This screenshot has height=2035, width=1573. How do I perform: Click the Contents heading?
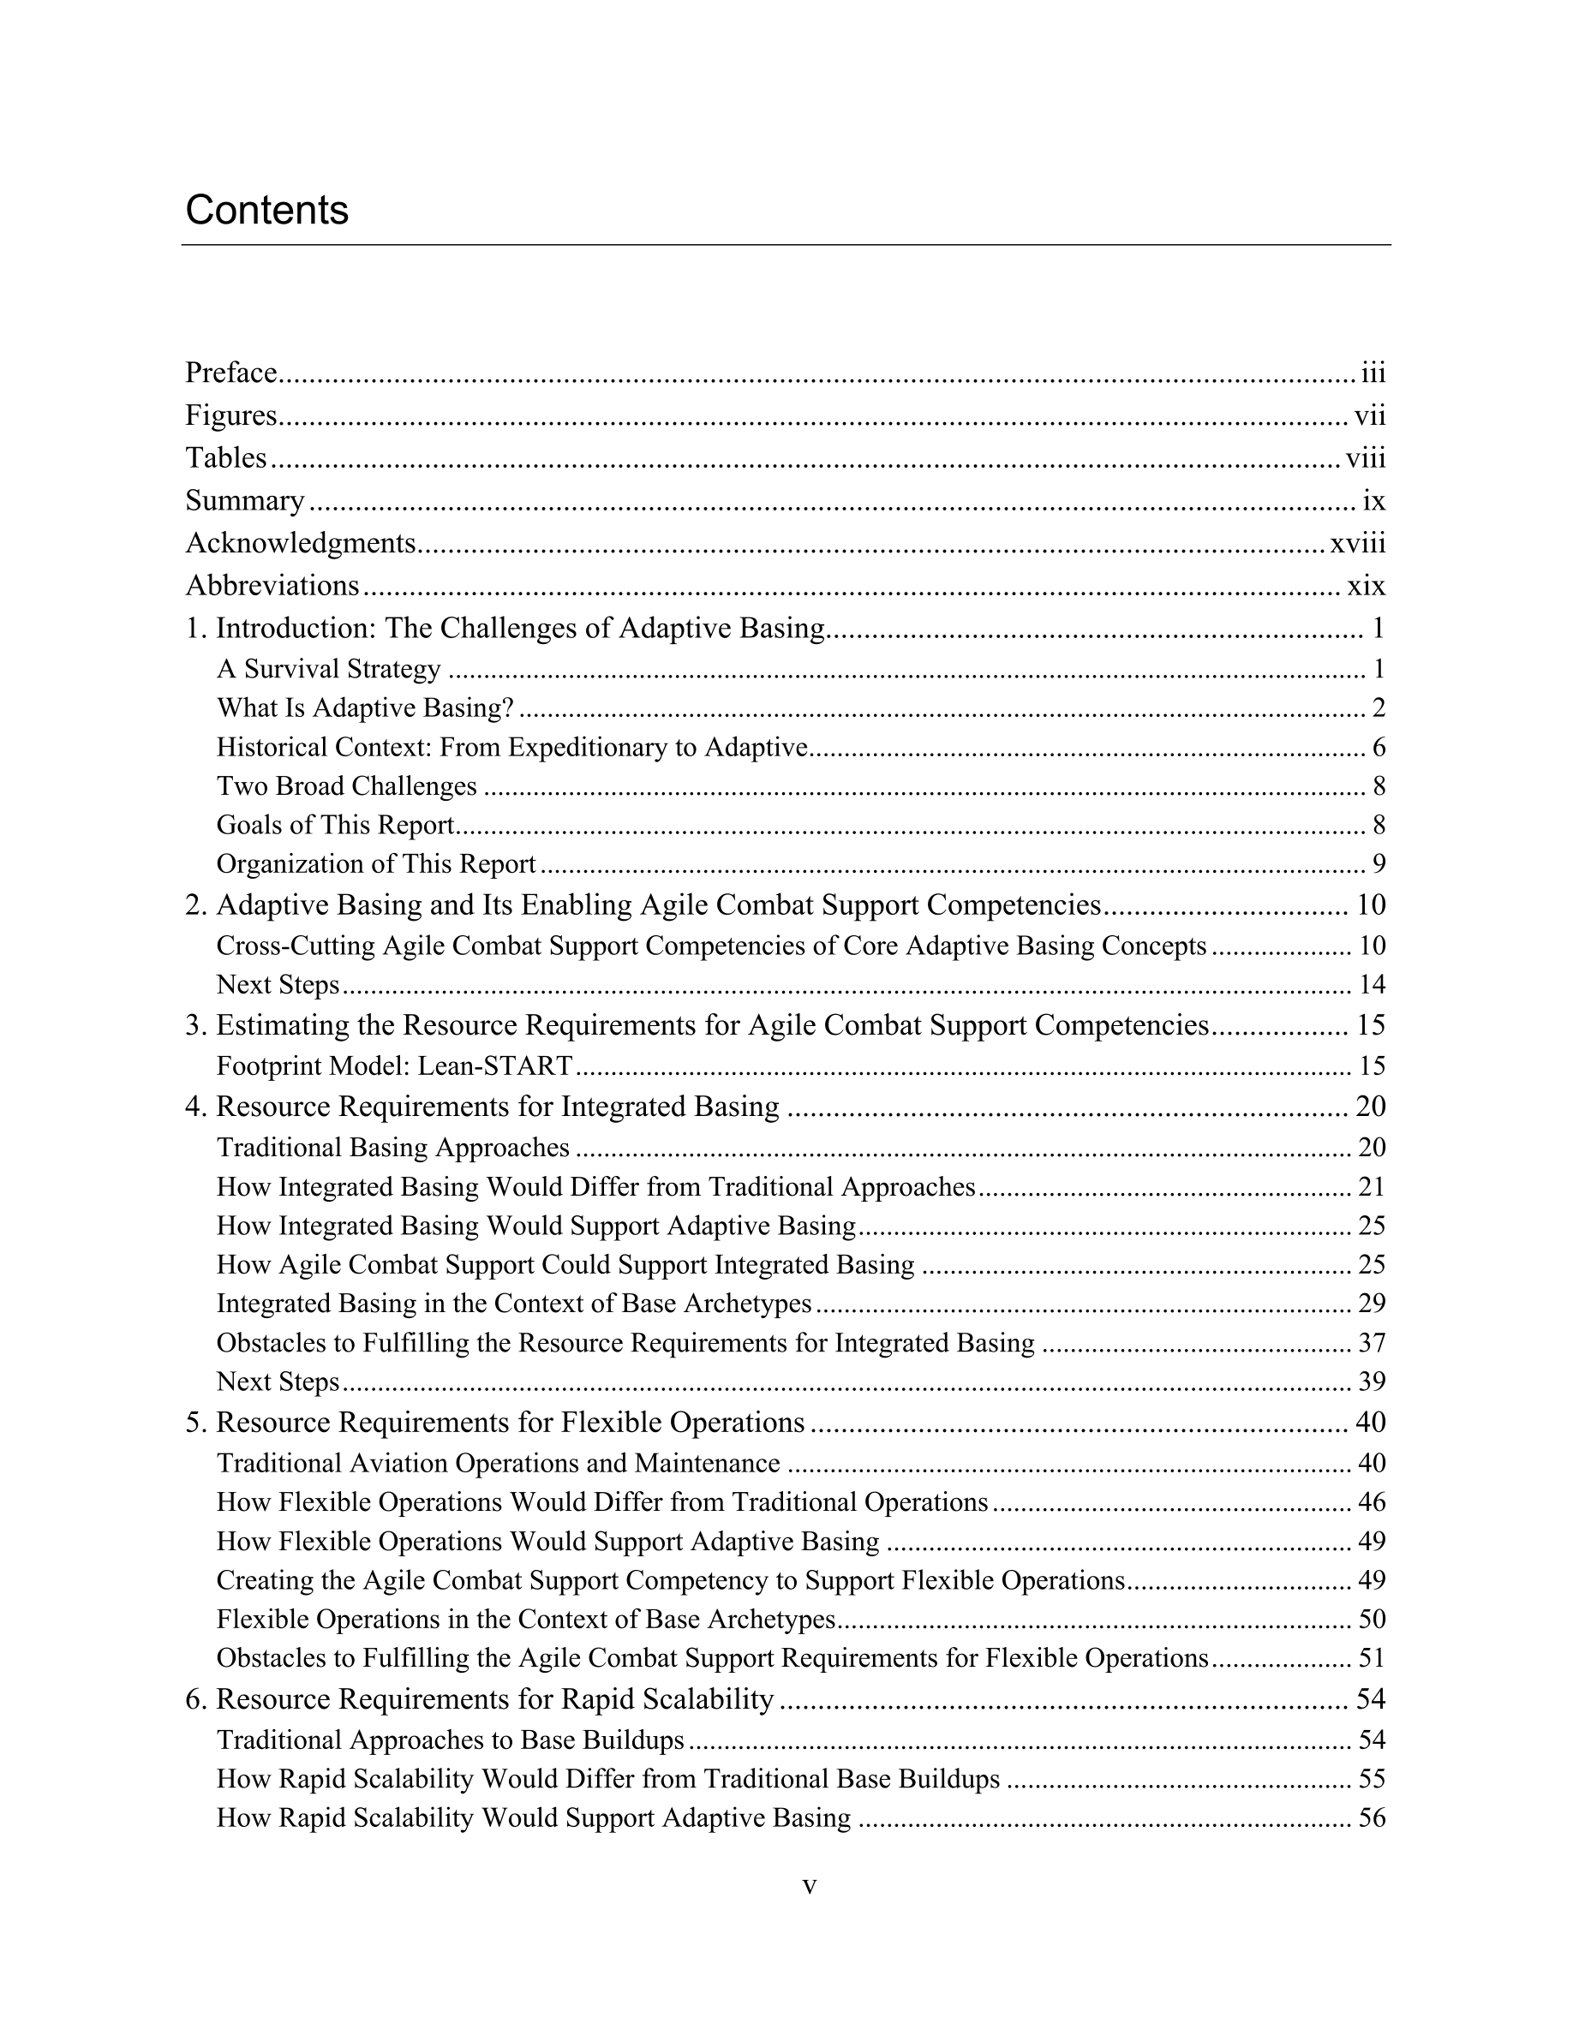pyautogui.click(x=266, y=211)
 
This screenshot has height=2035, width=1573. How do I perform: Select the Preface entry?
pyautogui.click(x=231, y=373)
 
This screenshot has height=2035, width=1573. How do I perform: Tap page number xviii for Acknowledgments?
pyautogui.click(x=1358, y=543)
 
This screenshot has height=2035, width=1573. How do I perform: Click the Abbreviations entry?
pyautogui.click(x=272, y=586)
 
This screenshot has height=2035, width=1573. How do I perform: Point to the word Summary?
pyautogui.click(x=245, y=501)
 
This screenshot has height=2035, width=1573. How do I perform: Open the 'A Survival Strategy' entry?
pyautogui.click(x=328, y=669)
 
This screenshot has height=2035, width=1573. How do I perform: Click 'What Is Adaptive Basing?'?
pyautogui.click(x=365, y=708)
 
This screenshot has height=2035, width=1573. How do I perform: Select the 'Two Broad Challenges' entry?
pyautogui.click(x=347, y=786)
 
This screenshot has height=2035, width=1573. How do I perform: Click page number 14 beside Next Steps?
pyautogui.click(x=1372, y=985)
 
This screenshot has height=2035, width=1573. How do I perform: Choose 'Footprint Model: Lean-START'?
pyautogui.click(x=394, y=1066)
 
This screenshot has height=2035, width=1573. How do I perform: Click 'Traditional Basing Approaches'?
pyautogui.click(x=393, y=1147)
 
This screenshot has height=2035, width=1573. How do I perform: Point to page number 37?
pyautogui.click(x=1372, y=1343)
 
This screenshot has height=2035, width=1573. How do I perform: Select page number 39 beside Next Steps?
pyautogui.click(x=1372, y=1382)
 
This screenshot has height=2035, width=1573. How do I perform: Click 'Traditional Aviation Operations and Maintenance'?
pyautogui.click(x=499, y=1463)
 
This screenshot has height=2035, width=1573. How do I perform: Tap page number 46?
pyautogui.click(x=1372, y=1502)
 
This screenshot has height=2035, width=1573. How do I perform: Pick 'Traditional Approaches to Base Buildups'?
pyautogui.click(x=451, y=1740)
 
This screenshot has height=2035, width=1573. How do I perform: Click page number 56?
pyautogui.click(x=1372, y=1818)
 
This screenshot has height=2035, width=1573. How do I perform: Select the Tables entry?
pyautogui.click(x=226, y=458)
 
